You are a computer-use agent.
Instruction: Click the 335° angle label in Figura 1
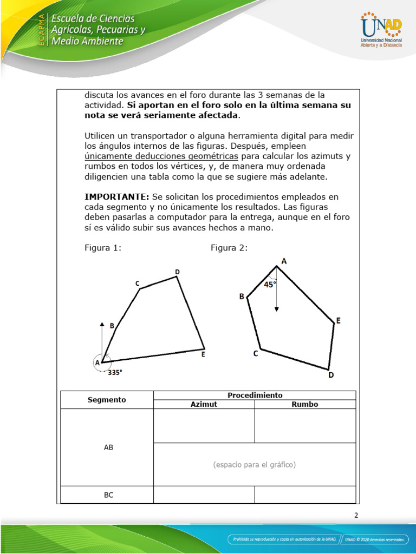pos(115,372)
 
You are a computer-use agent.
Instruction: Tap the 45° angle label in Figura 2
pos(270,285)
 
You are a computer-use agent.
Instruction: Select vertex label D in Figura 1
pos(177,272)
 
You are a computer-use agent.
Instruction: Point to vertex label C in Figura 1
pos(138,283)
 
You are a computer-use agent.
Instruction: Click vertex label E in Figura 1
pos(203,355)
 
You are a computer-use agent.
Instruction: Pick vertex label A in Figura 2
pos(284,261)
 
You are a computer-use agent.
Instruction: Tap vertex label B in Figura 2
pos(242,296)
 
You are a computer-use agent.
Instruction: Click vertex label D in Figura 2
pos(331,374)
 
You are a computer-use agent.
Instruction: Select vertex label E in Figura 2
pos(338,321)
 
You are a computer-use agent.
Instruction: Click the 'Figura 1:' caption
pos(102,248)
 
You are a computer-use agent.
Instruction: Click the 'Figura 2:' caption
pos(229,248)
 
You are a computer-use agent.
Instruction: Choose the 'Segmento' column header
pos(107,400)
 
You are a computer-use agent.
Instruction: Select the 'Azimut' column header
pos(204,404)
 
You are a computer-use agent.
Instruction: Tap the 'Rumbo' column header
pos(305,404)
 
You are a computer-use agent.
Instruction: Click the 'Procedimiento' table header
pos(255,395)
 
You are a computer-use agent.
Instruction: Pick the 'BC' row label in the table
pos(108,494)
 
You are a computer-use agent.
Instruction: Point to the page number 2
pos(356,515)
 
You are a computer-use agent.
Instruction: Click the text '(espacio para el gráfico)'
pos(255,465)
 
